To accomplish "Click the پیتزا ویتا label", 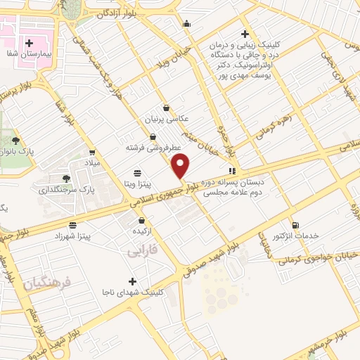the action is click(x=135, y=183).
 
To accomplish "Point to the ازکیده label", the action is click(x=136, y=231).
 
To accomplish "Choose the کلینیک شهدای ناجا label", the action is click(x=134, y=291).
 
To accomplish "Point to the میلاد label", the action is click(x=93, y=162).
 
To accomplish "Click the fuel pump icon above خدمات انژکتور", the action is click(x=294, y=225).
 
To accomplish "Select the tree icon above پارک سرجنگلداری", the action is click(x=66, y=178).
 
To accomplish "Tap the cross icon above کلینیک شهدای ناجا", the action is click(x=133, y=281).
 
